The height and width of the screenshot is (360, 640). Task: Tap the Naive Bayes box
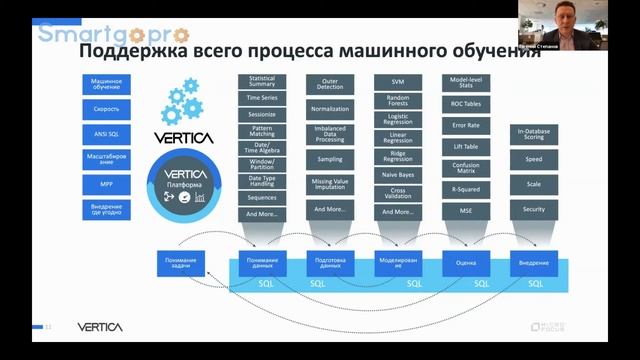tap(397, 175)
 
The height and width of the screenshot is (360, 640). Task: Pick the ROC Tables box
tap(465, 103)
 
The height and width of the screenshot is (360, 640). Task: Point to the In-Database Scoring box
tap(533, 135)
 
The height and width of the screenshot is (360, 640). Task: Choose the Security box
tap(533, 209)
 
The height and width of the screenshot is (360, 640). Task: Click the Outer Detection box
tap(330, 84)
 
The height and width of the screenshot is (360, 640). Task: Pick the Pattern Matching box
tap(262, 131)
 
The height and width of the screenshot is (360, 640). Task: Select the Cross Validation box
tap(397, 194)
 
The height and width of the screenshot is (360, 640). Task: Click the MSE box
tap(465, 211)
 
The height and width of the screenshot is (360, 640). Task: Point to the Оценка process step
tap(465, 263)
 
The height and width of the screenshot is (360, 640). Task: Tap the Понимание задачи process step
tap(181, 263)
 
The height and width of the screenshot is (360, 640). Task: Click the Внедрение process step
tap(533, 263)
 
